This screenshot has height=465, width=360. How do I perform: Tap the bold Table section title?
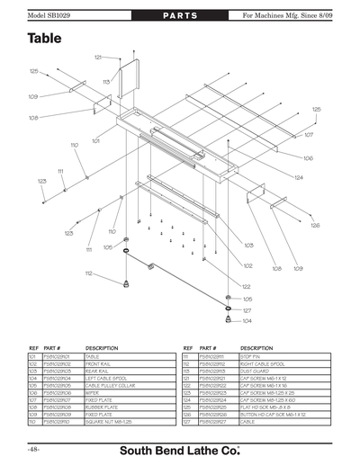pyautogui.click(x=44, y=39)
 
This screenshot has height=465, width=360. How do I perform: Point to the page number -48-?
pyautogui.click(x=33, y=448)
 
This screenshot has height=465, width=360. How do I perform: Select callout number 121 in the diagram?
pyautogui.click(x=97, y=57)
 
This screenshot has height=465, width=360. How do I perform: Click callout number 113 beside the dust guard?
pyautogui.click(x=105, y=82)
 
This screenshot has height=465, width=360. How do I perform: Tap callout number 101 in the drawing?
pyautogui.click(x=94, y=141)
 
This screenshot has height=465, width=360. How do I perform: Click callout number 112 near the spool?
pyautogui.click(x=89, y=273)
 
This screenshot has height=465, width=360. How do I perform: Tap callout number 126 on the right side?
pyautogui.click(x=315, y=226)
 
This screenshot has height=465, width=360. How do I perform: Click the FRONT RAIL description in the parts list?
pyautogui.click(x=100, y=362)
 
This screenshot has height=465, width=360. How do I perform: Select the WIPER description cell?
pyautogui.click(x=94, y=393)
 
